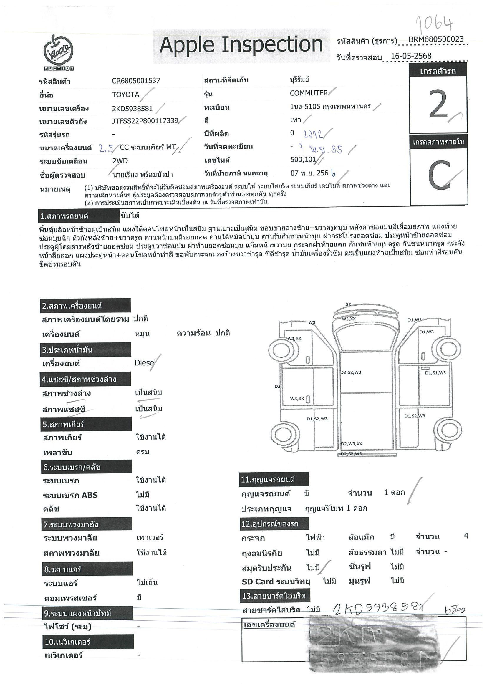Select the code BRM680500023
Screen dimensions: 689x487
tap(436, 39)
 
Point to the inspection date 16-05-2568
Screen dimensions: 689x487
tap(411, 56)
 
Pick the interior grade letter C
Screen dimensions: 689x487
tap(439, 175)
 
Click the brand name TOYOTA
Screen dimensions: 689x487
tap(125, 95)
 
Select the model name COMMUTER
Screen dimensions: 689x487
tap(309, 93)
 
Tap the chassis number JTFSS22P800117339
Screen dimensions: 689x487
tap(145, 121)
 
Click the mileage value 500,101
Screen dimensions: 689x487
tap(303, 159)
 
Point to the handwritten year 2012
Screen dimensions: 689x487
tap(313, 134)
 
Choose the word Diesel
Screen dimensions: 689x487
tap(145, 363)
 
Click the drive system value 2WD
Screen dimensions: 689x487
tap(120, 161)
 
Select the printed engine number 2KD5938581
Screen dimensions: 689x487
tap(132, 108)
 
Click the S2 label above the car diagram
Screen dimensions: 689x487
tap(348, 304)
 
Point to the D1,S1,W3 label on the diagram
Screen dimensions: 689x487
tap(435, 373)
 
